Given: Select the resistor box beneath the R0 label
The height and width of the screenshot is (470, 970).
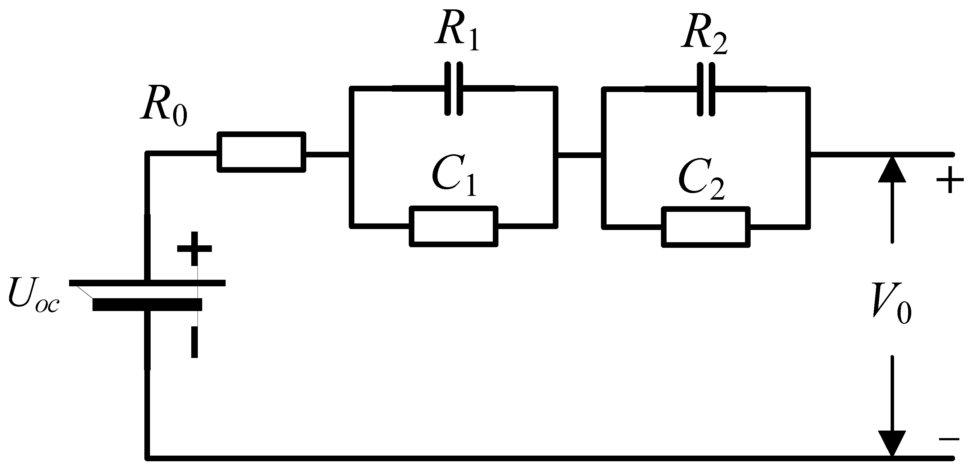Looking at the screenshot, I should tap(261, 152).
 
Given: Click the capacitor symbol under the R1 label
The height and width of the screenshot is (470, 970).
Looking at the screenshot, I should tap(453, 89).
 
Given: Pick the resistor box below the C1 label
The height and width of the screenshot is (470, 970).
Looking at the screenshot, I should tap(453, 226).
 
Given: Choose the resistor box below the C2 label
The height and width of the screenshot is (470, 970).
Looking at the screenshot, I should tap(706, 227).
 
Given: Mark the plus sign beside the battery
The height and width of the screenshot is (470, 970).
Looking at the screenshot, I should tap(194, 248).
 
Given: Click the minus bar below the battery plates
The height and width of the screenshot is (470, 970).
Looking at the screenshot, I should tap(194, 342).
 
